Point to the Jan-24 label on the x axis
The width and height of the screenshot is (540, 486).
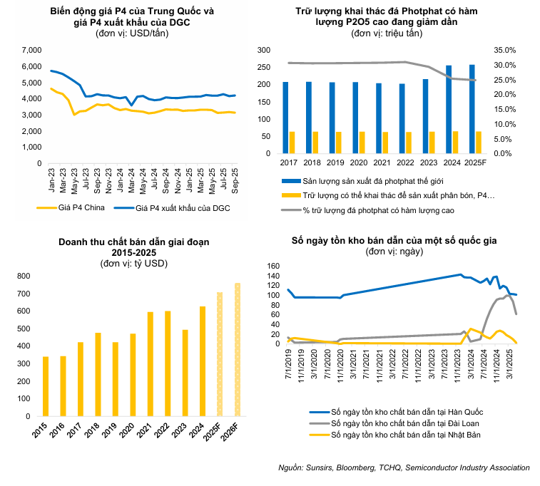tap(119, 177)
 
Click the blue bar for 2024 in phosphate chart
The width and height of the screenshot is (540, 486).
tap(448, 109)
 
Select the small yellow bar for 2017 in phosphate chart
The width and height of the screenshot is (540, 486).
tap(292, 143)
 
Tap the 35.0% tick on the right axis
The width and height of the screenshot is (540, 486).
tap(504, 50)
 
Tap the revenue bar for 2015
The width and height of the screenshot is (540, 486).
tap(46, 386)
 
